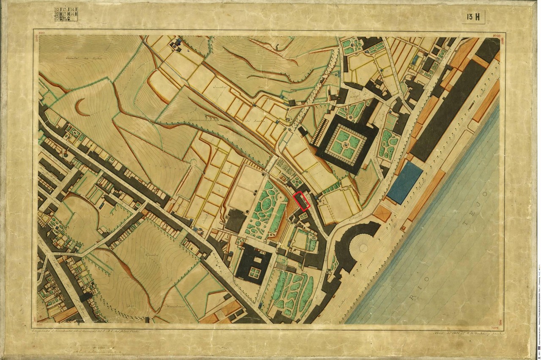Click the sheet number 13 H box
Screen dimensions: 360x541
tap(473, 17)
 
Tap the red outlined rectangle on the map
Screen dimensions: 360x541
tap(302, 201)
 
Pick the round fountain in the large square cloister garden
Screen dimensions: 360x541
tap(346, 145)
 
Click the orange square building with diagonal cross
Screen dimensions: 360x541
tap(382, 213)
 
